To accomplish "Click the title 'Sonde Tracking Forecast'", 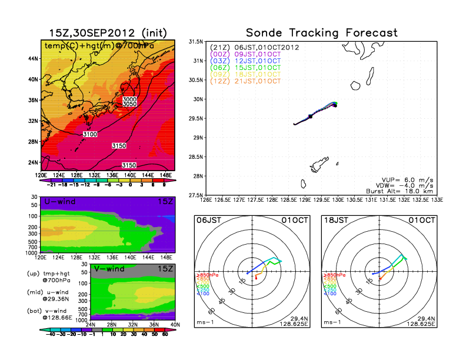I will pos(321,33).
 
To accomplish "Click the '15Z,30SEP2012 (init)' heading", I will pos(107,33).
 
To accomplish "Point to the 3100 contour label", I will pos(91,135).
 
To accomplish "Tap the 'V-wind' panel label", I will pos(111,269).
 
